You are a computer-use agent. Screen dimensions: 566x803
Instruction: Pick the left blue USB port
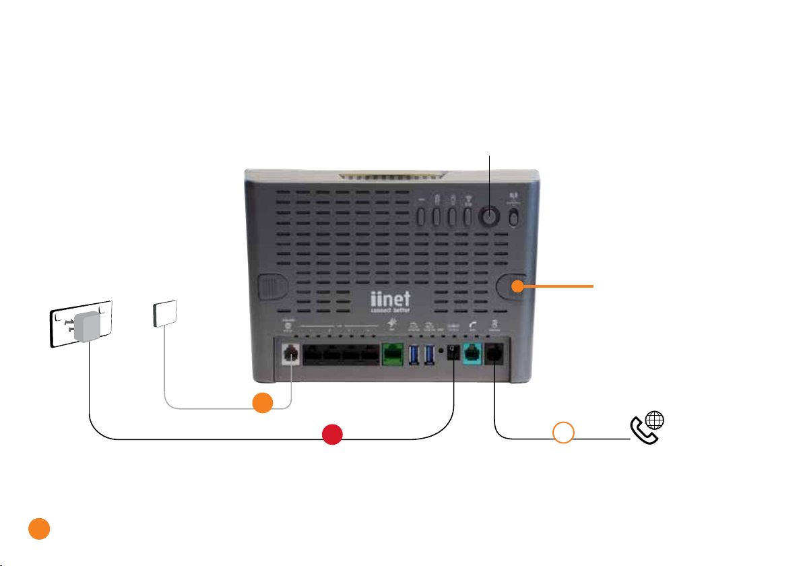point(414,354)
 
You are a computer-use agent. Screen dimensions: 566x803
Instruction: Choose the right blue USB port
point(430,354)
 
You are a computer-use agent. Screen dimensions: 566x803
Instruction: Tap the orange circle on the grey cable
point(263,402)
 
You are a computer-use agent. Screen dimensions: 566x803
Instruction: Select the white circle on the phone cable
point(563,433)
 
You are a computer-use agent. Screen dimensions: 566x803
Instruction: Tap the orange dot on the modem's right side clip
point(517,286)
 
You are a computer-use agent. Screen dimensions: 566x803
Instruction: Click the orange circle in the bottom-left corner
point(38,528)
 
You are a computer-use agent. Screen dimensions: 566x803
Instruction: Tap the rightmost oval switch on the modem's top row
point(514,217)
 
